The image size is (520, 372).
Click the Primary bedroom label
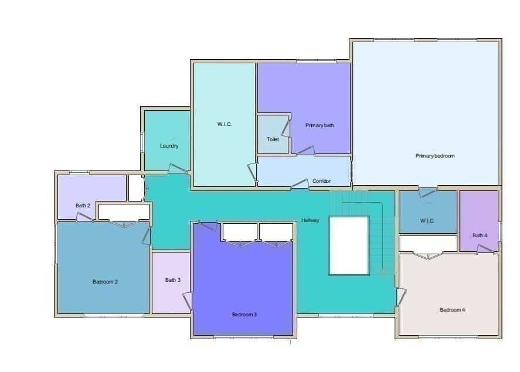click(435, 156)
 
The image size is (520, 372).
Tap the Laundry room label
click(169, 146)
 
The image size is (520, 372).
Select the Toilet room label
click(273, 139)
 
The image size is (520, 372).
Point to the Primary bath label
click(320, 125)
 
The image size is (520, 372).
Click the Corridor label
click(321, 181)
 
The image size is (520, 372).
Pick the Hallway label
click(310, 220)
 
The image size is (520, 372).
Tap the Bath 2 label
click(83, 206)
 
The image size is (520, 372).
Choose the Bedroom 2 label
click(106, 282)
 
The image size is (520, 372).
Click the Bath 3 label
click(172, 280)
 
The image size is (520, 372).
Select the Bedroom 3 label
click(244, 315)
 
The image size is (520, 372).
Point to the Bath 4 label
click(480, 236)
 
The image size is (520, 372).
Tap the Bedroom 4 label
click(452, 310)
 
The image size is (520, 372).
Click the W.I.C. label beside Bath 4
click(427, 221)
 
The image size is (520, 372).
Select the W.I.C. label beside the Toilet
click(225, 124)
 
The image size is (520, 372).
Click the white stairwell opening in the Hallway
click(349, 245)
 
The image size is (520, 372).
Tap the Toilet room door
click(285, 126)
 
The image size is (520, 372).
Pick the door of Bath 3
click(188, 301)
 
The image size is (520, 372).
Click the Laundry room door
click(176, 169)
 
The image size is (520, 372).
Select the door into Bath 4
click(485, 249)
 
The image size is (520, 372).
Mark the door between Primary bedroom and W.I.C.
click(428, 192)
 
